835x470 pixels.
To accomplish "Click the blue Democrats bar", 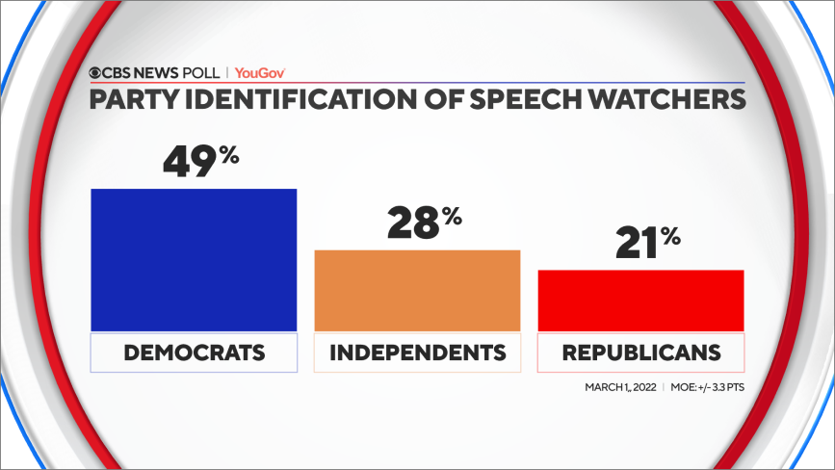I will coord(194,260).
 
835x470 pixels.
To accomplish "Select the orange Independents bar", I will coord(417,291).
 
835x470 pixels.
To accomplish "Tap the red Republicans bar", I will coord(640,300).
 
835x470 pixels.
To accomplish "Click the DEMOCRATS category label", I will coord(194,352).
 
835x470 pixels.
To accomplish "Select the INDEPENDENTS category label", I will coord(417,352).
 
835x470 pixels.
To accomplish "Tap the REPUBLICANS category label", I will coord(640,352).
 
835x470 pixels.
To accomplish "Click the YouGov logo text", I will coord(260,72).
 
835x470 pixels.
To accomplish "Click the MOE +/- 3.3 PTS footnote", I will coord(707,387).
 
